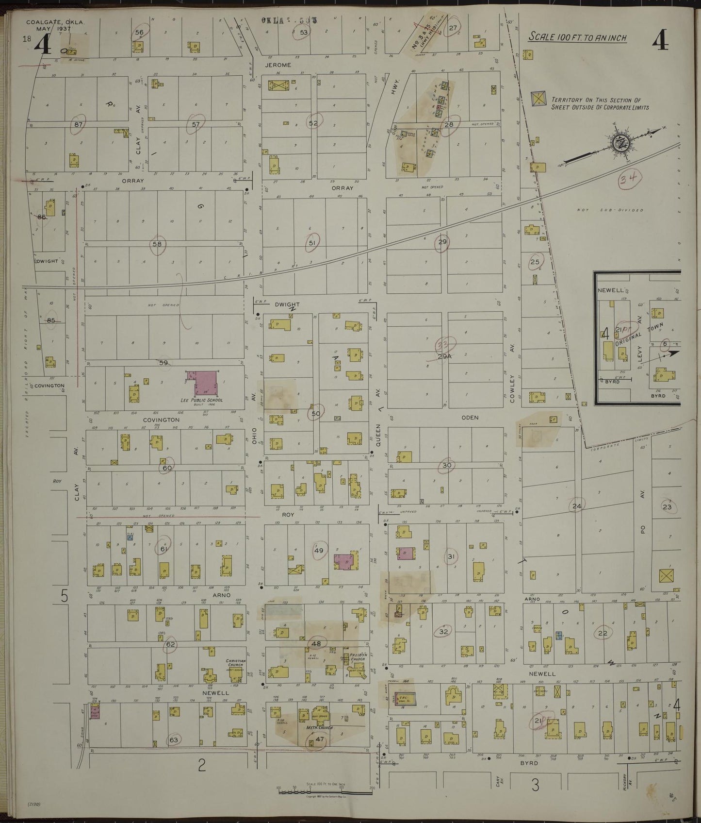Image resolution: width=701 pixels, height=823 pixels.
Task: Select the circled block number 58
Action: click(157, 244)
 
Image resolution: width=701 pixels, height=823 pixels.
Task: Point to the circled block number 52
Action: click(313, 123)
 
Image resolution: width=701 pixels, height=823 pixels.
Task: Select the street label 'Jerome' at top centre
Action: click(278, 65)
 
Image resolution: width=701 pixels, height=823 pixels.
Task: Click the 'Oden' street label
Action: click(470, 418)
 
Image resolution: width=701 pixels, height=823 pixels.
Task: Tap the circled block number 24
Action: click(576, 506)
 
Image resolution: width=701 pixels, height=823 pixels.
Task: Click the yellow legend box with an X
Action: click(538, 99)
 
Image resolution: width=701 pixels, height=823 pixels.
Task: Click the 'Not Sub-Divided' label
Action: click(610, 210)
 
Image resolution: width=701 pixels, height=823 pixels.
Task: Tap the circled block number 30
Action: click(447, 465)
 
